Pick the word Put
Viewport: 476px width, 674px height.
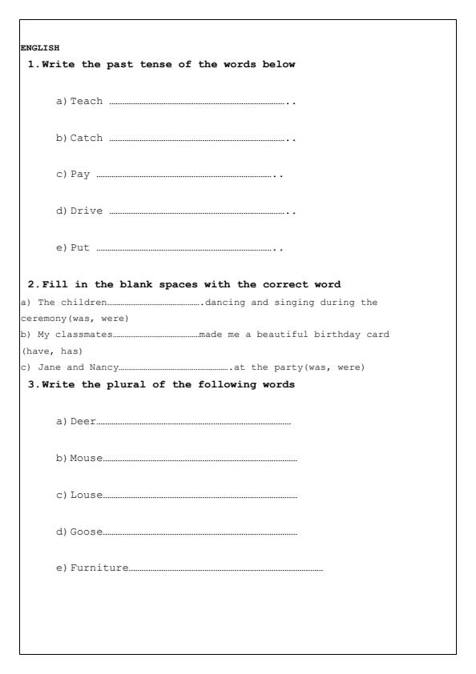coord(80,249)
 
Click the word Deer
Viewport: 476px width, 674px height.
coord(83,420)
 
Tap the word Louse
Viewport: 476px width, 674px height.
coord(87,495)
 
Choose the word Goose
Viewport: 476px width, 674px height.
coord(87,532)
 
